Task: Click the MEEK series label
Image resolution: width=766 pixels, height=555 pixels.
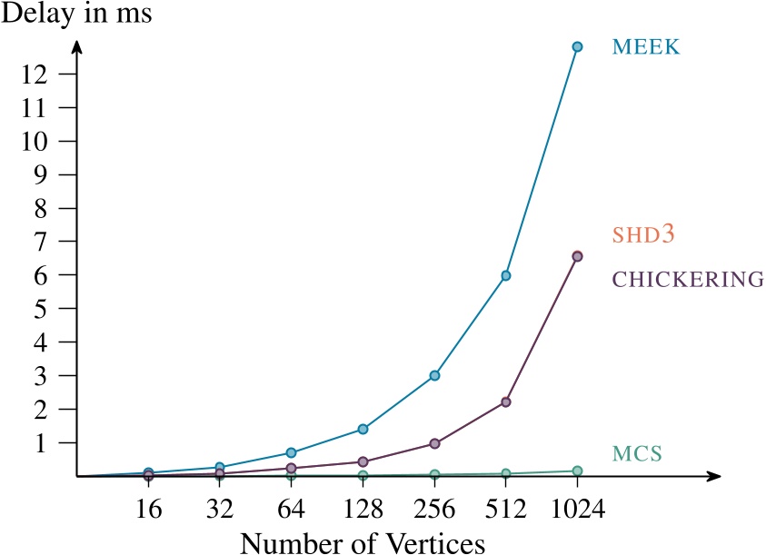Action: point(645,46)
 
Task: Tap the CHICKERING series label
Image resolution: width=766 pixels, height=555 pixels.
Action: point(688,280)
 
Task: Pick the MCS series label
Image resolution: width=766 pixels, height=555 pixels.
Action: point(636,451)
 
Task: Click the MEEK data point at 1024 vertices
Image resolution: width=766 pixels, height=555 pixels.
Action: point(577,46)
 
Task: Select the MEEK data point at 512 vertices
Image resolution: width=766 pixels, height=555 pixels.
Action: point(506,275)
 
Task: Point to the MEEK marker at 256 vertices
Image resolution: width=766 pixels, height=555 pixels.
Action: point(434,375)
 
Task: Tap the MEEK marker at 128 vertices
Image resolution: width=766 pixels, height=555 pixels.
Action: point(363,429)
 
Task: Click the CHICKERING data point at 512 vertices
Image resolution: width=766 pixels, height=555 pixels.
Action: point(506,401)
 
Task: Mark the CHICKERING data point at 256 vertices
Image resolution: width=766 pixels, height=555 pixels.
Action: point(434,443)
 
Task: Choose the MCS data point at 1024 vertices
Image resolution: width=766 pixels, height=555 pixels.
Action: point(577,471)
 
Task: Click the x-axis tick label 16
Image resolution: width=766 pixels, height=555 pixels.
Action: point(148,508)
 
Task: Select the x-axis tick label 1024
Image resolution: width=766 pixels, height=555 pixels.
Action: point(577,508)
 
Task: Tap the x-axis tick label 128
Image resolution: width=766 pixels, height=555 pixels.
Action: point(363,508)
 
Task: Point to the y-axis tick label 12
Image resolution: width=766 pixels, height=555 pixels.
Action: point(50,74)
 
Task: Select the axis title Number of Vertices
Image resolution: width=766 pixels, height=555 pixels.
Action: point(363,541)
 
